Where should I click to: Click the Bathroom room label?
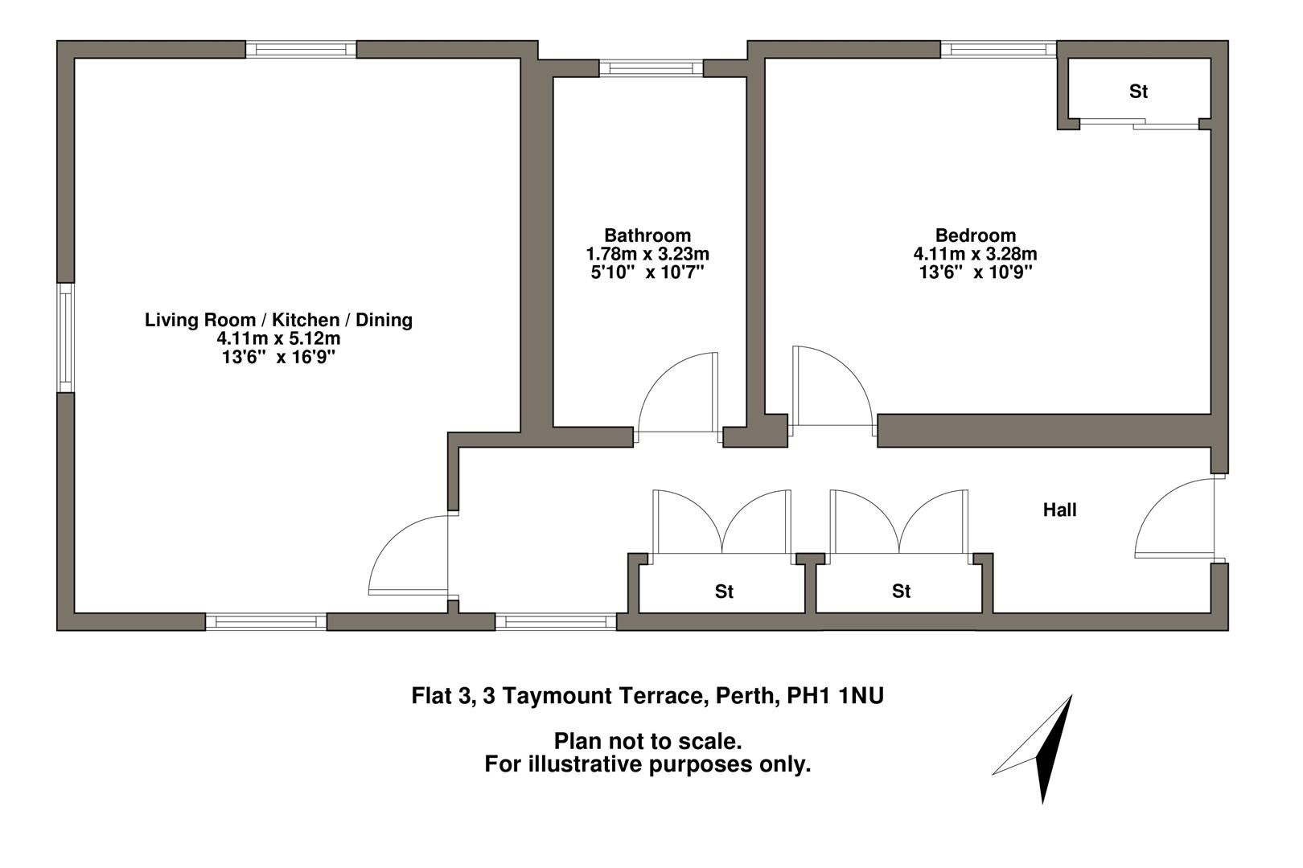click(647, 235)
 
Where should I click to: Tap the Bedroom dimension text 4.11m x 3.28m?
click(975, 254)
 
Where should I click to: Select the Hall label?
click(1059, 510)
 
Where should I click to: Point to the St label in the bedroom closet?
click(1138, 92)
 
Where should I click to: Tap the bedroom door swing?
click(828, 389)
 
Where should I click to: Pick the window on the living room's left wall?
click(65, 338)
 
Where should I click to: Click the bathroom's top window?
click(651, 68)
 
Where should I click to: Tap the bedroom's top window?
click(998, 50)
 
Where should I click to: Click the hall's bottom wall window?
click(556, 621)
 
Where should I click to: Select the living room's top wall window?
click(301, 50)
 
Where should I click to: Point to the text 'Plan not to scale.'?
click(647, 740)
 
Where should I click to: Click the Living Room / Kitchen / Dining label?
click(278, 320)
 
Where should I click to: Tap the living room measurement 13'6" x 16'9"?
click(278, 358)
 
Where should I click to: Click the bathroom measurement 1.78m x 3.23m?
click(647, 254)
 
